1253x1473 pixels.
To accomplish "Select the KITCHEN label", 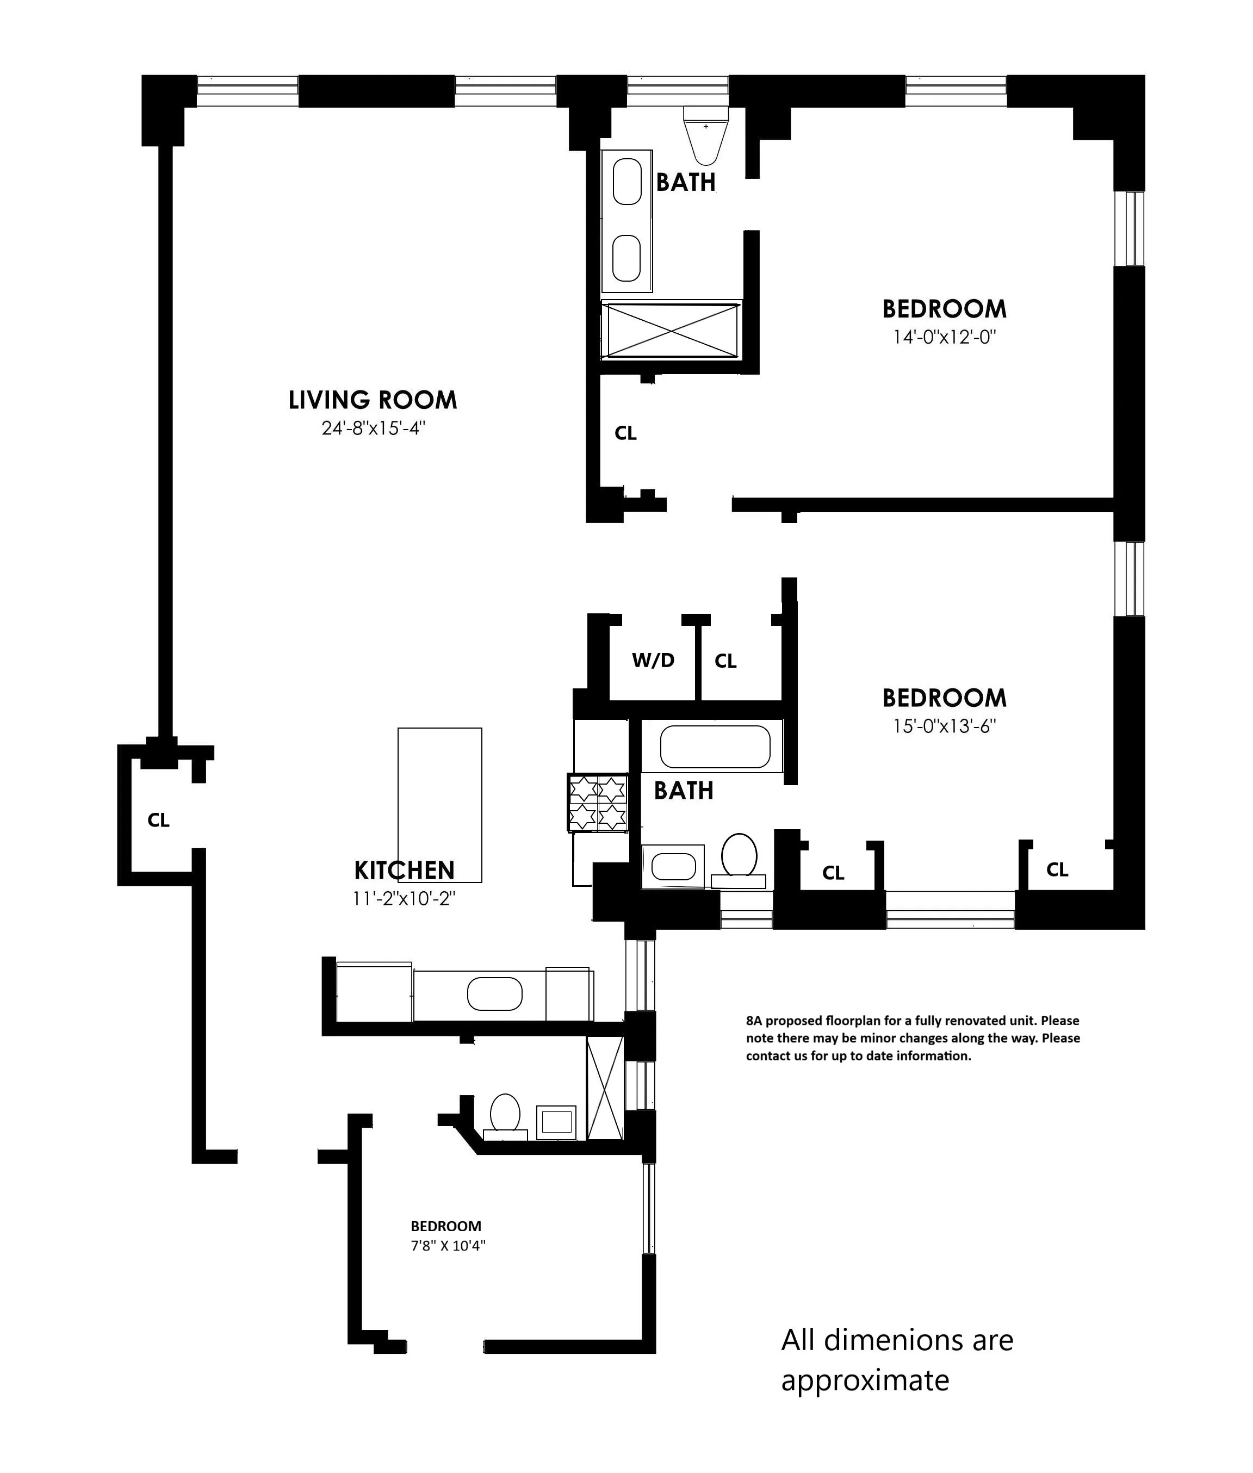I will click(x=404, y=870).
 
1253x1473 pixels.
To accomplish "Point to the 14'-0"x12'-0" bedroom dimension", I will click(x=944, y=337).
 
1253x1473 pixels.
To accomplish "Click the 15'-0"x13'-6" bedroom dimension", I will click(x=944, y=726).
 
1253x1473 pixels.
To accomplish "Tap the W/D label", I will click(x=653, y=661).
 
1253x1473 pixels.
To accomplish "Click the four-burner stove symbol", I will click(x=597, y=803).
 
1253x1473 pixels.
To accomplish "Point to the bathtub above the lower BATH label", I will click(x=715, y=747).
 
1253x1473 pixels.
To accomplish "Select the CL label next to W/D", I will click(x=725, y=661).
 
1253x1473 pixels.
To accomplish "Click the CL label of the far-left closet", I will click(x=158, y=821).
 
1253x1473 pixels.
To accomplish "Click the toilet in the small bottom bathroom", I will click(x=505, y=1113).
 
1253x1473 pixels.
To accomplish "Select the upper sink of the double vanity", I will click(x=626, y=181).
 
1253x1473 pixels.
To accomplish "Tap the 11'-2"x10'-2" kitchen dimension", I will click(x=404, y=898).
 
